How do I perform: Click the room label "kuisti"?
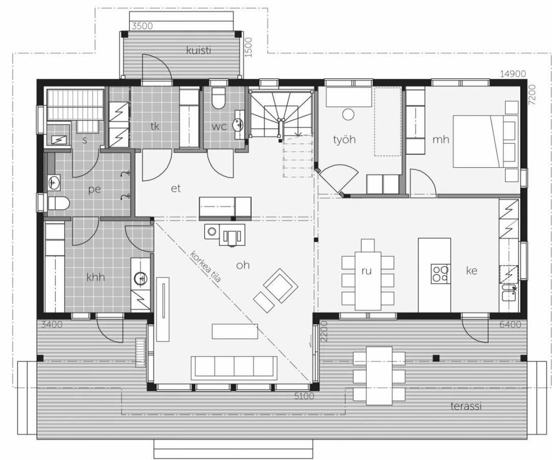pos(198,50)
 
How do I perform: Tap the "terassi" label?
pos(466,406)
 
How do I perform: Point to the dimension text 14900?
pos(513,74)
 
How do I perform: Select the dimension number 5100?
pos(304,396)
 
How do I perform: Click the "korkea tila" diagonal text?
pos(205,266)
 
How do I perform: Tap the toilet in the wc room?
pos(219,98)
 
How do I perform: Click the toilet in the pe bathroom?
pos(58,204)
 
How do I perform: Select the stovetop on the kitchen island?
pos(440,273)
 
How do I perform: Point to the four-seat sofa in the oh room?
pos(234,368)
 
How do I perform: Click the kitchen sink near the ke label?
pos(509,293)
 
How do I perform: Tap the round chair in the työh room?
pos(348,114)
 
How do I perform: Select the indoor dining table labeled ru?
pos(368,280)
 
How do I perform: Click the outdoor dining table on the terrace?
pos(379,376)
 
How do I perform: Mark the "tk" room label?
pos(155,126)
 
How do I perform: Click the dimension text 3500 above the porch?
pos(142,26)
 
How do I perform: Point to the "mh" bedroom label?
pos(441,140)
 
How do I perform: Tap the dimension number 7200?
pos(532,95)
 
